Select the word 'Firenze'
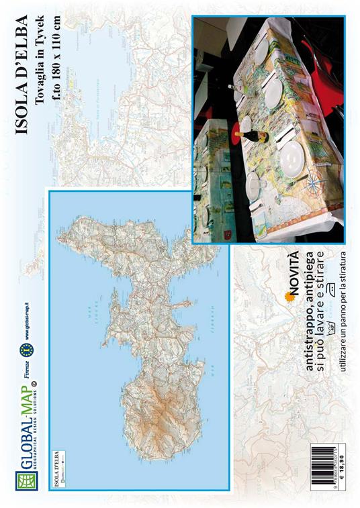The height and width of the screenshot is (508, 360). (x=25, y=389)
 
